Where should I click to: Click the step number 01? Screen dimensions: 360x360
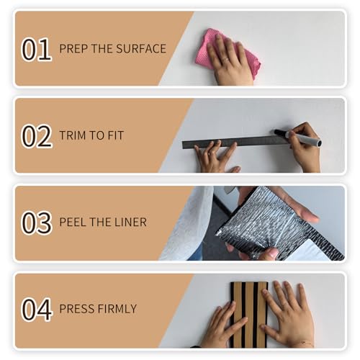[x=37, y=50]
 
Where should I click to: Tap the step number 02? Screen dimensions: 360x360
[x=37, y=136]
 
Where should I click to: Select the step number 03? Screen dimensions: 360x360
[x=37, y=222]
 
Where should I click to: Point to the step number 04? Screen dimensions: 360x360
[x=37, y=310]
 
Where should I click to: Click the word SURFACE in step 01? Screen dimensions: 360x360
[x=141, y=49]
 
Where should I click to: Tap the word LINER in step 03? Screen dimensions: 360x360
[x=130, y=222]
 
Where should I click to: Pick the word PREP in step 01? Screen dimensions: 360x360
[x=73, y=49]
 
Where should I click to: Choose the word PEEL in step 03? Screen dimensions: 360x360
[x=73, y=222]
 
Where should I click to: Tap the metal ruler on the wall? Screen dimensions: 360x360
[x=236, y=142]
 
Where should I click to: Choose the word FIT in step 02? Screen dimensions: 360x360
[x=115, y=135]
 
